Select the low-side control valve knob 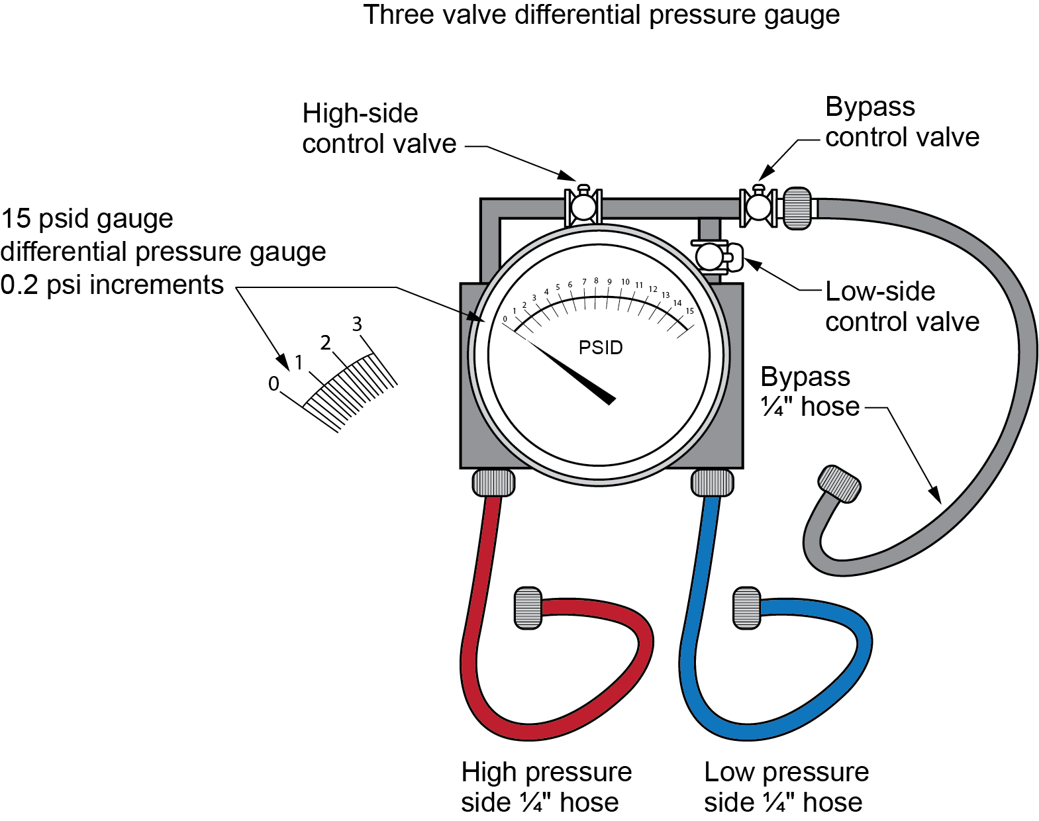pos(710,256)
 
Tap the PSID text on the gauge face pos(601,348)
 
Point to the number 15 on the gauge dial pos(689,311)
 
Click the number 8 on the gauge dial pos(596,281)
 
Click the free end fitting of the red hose pos(528,608)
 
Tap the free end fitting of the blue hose pos(747,608)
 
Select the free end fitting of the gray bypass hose pos(840,485)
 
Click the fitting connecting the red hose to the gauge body pos(493,483)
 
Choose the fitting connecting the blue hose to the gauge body pos(712,483)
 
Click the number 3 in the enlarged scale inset pos(357,324)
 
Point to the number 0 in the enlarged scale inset pos(273,383)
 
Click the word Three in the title pos(399,15)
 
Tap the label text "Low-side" pos(880,291)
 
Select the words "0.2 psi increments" pos(112,285)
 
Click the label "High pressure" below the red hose pos(546,772)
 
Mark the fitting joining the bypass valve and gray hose pos(798,208)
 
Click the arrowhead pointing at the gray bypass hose pos(935,496)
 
